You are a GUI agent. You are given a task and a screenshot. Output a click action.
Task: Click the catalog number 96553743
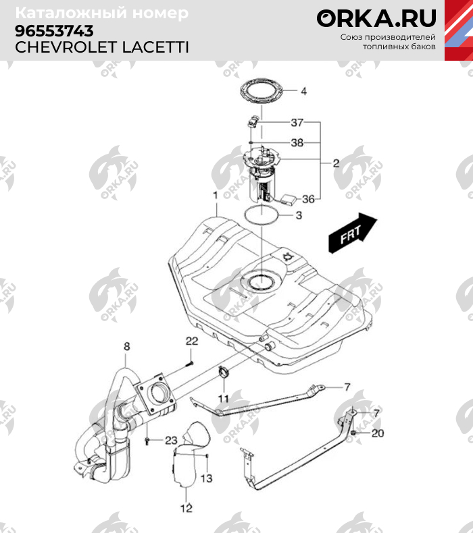click(x=55, y=31)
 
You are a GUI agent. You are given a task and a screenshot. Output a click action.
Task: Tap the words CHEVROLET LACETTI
click(x=101, y=47)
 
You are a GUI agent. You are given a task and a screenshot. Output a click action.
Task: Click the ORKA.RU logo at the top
click(x=376, y=18)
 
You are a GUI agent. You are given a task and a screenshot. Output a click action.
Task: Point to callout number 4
click(x=303, y=91)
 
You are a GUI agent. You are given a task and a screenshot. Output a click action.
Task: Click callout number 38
click(x=297, y=143)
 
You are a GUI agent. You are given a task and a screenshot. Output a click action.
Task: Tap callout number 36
click(x=308, y=199)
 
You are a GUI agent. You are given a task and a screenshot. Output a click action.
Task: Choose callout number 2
click(x=335, y=163)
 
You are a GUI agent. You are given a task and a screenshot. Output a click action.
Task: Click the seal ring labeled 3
click(x=259, y=216)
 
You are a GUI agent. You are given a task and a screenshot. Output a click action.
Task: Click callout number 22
click(x=191, y=340)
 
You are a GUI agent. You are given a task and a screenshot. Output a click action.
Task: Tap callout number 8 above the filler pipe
click(x=126, y=347)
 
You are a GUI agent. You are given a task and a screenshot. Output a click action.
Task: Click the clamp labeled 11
click(x=224, y=372)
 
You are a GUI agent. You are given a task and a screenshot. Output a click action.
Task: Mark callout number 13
click(x=206, y=478)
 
